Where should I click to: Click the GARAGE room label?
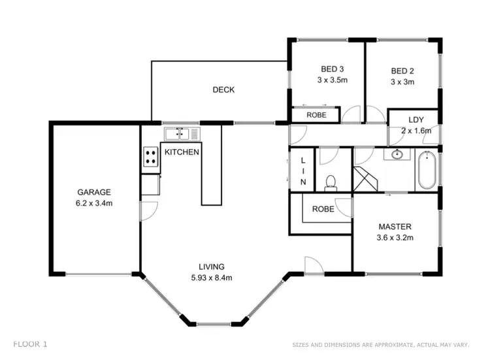tap(94, 192)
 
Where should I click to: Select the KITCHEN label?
tap(182, 152)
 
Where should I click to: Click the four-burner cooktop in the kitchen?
tap(150, 157)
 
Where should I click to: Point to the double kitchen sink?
tap(176, 134)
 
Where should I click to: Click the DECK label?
tap(223, 90)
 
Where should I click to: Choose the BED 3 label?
tap(332, 70)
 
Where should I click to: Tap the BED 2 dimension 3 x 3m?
tap(402, 82)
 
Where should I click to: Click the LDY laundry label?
tap(416, 120)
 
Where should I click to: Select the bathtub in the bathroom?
tap(428, 170)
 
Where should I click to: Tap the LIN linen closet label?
tap(302, 171)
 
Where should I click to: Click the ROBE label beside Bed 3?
tap(314, 115)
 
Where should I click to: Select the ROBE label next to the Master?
tap(323, 210)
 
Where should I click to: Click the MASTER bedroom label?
tap(395, 227)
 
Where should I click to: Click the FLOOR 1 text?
tap(30, 343)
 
